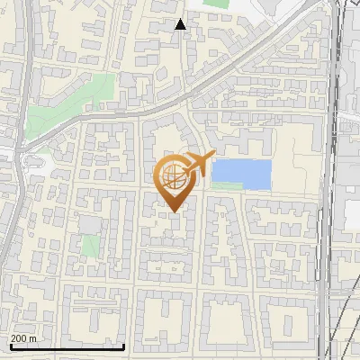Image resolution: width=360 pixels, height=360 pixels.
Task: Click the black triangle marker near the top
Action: coord(181,24)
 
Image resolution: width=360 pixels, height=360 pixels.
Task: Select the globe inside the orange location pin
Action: coord(172,175)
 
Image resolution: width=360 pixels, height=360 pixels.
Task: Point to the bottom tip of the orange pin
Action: coord(172,211)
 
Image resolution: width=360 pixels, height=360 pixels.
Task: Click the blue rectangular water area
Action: coord(241,174)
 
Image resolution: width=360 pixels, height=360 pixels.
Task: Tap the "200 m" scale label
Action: coord(24,338)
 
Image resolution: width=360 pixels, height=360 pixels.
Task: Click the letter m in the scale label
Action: coord(34,338)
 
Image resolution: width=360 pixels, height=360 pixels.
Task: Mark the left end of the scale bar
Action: coord(11,346)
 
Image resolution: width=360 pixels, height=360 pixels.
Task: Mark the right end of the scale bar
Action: coord(123,346)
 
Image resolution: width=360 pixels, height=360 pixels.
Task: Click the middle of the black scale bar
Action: coord(67,346)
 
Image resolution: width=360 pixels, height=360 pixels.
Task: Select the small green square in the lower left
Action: coord(90,245)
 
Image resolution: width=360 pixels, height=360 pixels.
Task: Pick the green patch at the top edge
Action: coord(216,4)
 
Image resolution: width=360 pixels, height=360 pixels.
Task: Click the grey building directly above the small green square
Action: coord(89,223)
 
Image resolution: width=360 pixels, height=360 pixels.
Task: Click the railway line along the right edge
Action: coord(335,180)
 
